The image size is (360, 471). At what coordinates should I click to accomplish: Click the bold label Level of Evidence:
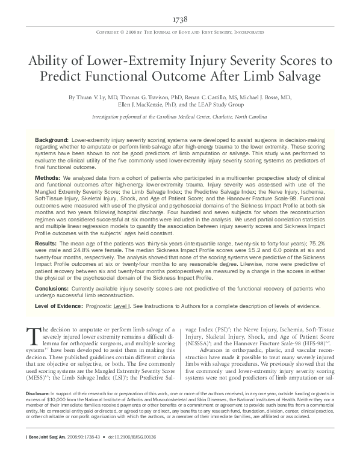click(56, 307)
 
